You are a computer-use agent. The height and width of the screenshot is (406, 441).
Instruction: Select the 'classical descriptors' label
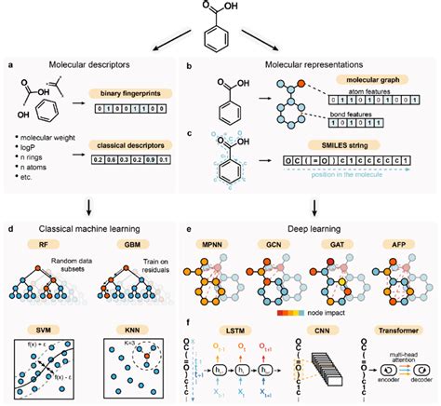point(127,144)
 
